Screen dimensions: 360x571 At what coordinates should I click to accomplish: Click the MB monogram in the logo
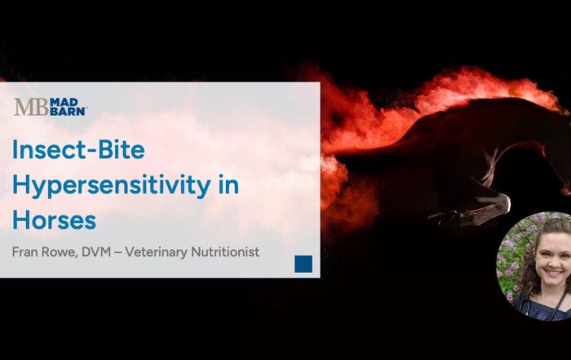[31, 107]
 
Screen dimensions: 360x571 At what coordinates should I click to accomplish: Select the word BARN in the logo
[68, 112]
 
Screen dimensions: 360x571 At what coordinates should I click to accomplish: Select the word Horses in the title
[54, 219]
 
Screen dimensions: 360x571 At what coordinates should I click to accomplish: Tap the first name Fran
[27, 252]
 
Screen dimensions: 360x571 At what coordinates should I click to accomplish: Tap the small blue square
[303, 263]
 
